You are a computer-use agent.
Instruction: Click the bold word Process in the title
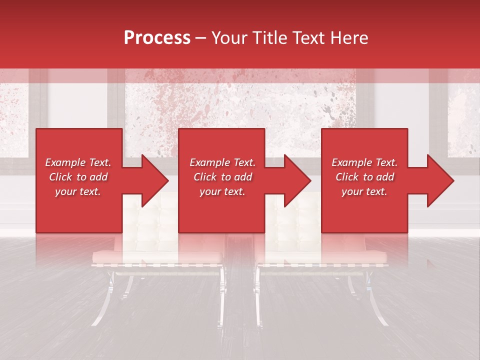click(x=157, y=38)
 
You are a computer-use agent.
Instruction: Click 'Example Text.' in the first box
click(x=78, y=162)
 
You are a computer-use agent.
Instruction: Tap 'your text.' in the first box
click(x=78, y=191)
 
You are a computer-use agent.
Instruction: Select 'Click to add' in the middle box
click(x=222, y=177)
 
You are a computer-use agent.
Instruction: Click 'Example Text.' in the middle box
click(x=222, y=162)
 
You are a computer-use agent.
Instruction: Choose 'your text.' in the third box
click(x=364, y=191)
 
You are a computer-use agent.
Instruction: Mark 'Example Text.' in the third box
click(x=364, y=162)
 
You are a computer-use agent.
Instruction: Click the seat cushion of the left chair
click(x=157, y=256)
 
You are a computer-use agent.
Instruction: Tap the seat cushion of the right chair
click(x=322, y=256)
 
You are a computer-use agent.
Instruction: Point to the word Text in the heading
click(x=310, y=38)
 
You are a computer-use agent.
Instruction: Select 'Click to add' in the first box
click(x=78, y=177)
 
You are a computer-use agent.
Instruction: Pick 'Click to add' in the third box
click(x=364, y=177)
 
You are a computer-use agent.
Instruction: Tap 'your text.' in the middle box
click(x=222, y=191)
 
